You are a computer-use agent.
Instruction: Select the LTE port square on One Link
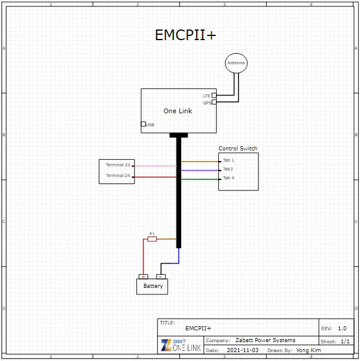click(x=214, y=95)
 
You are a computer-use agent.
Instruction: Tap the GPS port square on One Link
click(x=214, y=102)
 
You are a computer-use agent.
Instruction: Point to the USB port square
click(x=143, y=124)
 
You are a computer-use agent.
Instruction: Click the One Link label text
click(x=178, y=111)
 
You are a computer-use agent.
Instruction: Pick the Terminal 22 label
click(x=118, y=165)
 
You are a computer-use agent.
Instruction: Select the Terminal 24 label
click(x=118, y=175)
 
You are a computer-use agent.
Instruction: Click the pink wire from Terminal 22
click(x=155, y=166)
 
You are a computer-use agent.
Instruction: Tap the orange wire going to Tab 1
click(x=199, y=162)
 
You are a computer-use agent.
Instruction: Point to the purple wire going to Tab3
click(x=199, y=170)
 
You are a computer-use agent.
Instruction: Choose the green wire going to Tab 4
click(x=199, y=179)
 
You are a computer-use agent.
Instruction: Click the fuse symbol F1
click(x=152, y=239)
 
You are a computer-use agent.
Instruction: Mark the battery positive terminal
click(x=143, y=277)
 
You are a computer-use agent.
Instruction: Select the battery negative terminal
click(x=161, y=277)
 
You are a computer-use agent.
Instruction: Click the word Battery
click(x=153, y=286)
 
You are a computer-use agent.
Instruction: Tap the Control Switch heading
click(x=238, y=148)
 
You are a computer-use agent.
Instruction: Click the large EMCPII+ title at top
click(x=185, y=35)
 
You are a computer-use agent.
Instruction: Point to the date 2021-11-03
click(x=243, y=350)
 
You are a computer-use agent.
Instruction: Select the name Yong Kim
click(x=309, y=350)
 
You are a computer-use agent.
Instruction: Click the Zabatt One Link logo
click(x=181, y=345)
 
